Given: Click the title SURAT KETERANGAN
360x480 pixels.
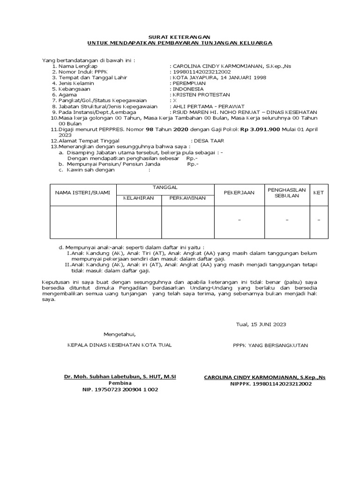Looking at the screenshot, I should coord(180,37).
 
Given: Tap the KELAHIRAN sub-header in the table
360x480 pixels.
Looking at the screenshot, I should coord(138,198).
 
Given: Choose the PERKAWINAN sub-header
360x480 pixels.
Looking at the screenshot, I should coord(187,198).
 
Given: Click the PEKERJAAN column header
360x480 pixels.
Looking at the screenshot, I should coord(239,193).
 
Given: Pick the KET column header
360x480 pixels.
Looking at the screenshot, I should coord(318,193).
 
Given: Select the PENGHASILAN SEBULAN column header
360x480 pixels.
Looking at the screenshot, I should coord(286,193).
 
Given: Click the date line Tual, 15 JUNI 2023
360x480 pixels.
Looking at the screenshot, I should coord(260,324).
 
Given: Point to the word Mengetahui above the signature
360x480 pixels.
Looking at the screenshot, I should coord(119,334).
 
